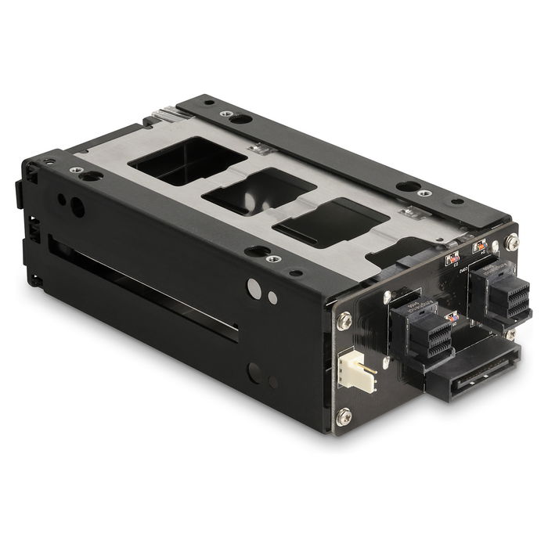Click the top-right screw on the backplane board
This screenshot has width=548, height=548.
click(x=513, y=243)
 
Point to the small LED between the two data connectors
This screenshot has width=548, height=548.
click(x=451, y=317)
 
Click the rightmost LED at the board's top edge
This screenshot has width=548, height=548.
click(x=479, y=247)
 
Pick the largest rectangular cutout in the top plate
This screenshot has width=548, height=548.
click(x=187, y=161)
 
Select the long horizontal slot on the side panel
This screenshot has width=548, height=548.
click(x=145, y=289)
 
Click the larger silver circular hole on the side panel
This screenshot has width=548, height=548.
click(x=254, y=288)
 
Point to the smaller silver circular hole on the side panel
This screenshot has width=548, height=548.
click(x=272, y=297)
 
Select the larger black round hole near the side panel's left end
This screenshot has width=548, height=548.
click(x=78, y=207)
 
